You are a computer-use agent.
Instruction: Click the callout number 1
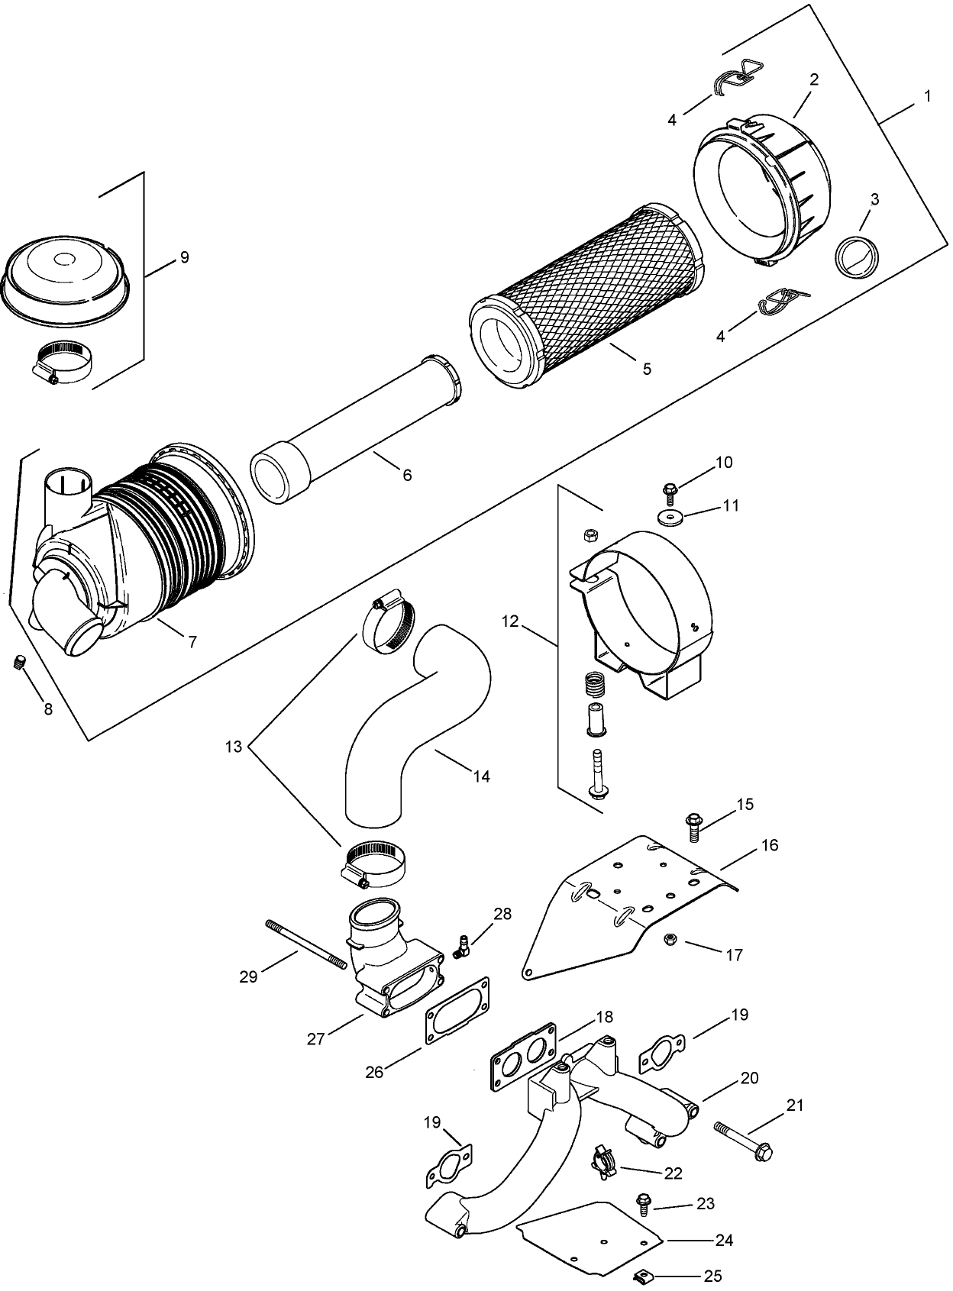(927, 97)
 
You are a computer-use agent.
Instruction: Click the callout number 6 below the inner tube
(407, 475)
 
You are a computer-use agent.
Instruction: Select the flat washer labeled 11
(673, 518)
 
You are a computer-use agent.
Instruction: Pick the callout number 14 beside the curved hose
(481, 776)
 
